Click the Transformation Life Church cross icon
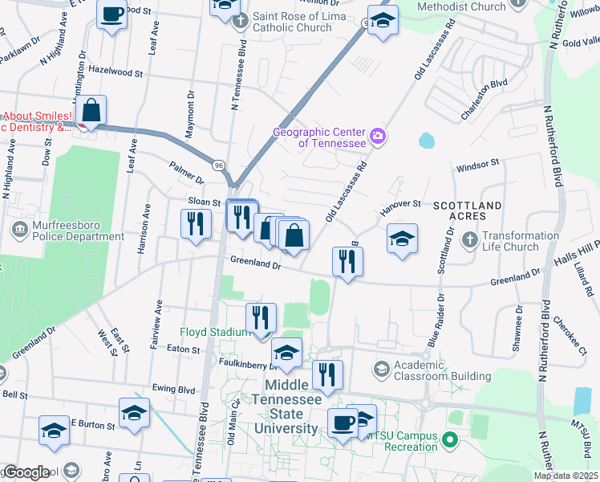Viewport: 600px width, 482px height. pos(469,240)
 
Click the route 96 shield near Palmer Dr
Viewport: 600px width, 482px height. pos(218,164)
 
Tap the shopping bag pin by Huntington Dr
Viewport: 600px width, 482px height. pos(92,110)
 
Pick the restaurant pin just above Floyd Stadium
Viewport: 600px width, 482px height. pos(261,316)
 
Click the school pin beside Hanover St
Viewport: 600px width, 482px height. pos(402,238)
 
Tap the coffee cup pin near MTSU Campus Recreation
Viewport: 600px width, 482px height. pos(343,422)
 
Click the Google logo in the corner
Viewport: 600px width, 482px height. pos(26,472)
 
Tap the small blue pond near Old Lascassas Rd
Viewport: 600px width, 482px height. pos(426,141)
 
